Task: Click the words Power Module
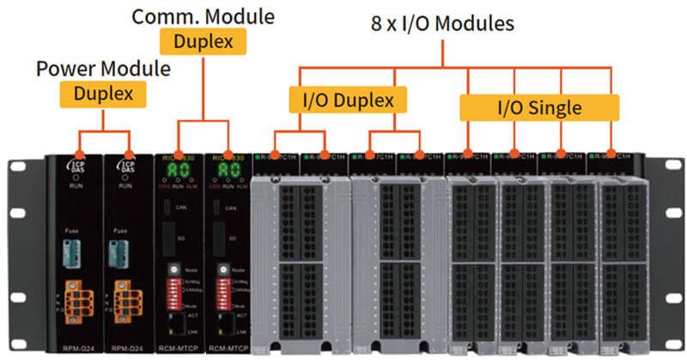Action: point(103,69)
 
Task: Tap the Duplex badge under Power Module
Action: point(103,94)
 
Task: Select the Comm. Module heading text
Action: point(203,16)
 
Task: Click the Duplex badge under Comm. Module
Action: point(203,40)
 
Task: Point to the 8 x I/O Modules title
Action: point(442,23)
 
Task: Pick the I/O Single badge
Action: point(539,107)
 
